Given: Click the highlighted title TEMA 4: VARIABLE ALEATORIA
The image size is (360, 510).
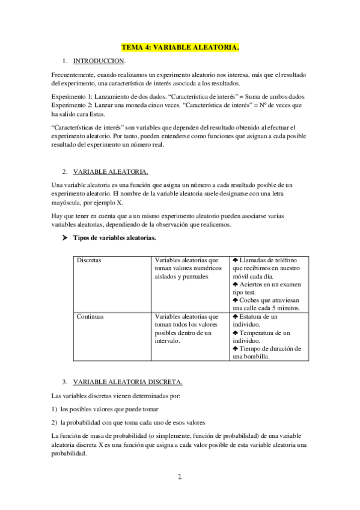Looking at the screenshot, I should pos(180,46).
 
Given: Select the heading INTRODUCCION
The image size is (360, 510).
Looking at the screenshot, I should pos(99,61).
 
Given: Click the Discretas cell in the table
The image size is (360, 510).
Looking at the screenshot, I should pos(89,260).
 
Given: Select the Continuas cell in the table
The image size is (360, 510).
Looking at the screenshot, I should pos(91,316).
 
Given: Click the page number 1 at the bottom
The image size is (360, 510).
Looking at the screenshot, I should pos(179,478).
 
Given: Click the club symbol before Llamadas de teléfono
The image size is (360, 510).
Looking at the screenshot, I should pos(235,260).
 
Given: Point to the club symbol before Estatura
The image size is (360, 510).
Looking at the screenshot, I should pos(235,316).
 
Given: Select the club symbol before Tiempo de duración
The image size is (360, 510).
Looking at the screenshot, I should pos(235,348).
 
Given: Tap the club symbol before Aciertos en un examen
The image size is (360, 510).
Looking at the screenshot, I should pos(235,283).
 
